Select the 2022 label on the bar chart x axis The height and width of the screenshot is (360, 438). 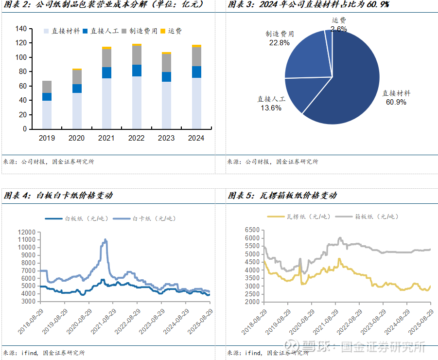pyautogui.click(x=137, y=138)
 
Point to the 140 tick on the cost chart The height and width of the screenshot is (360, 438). pyautogui.click(x=20, y=29)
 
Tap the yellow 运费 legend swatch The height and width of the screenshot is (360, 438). pyautogui.click(x=163, y=31)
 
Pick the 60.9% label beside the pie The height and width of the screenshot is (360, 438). pyautogui.click(x=396, y=102)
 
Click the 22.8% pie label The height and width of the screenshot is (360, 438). pyautogui.click(x=279, y=42)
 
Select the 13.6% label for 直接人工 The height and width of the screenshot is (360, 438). pyautogui.click(x=271, y=108)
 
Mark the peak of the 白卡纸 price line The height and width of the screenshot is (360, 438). pyautogui.click(x=105, y=239)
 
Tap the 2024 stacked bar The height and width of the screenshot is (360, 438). pyautogui.click(x=196, y=88)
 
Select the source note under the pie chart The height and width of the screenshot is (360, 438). pyautogui.click(x=273, y=162)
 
